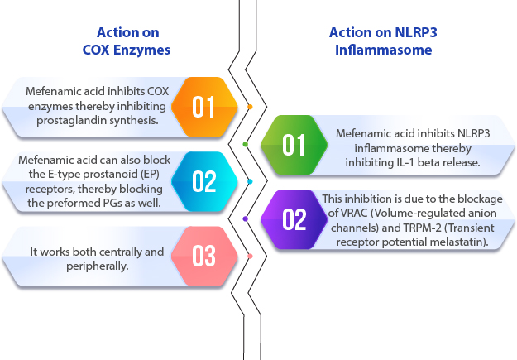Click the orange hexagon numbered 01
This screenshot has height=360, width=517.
(204, 107)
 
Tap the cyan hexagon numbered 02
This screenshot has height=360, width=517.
(204, 181)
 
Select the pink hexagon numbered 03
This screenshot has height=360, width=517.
(204, 256)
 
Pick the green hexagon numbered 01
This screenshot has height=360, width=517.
(294, 145)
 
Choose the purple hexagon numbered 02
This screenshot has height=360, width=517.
(294, 219)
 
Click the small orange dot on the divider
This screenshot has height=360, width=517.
(250, 107)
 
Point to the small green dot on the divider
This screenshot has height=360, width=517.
(246, 144)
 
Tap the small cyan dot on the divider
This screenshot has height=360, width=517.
(250, 181)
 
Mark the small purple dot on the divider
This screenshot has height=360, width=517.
(246, 218)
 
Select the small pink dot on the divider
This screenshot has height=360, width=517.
(250, 256)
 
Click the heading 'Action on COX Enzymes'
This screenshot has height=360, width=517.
(127, 41)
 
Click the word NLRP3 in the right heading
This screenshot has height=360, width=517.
(416, 32)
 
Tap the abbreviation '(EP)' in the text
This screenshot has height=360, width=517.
(151, 174)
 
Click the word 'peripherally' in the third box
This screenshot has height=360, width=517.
(97, 266)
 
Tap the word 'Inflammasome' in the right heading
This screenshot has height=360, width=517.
(384, 50)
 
